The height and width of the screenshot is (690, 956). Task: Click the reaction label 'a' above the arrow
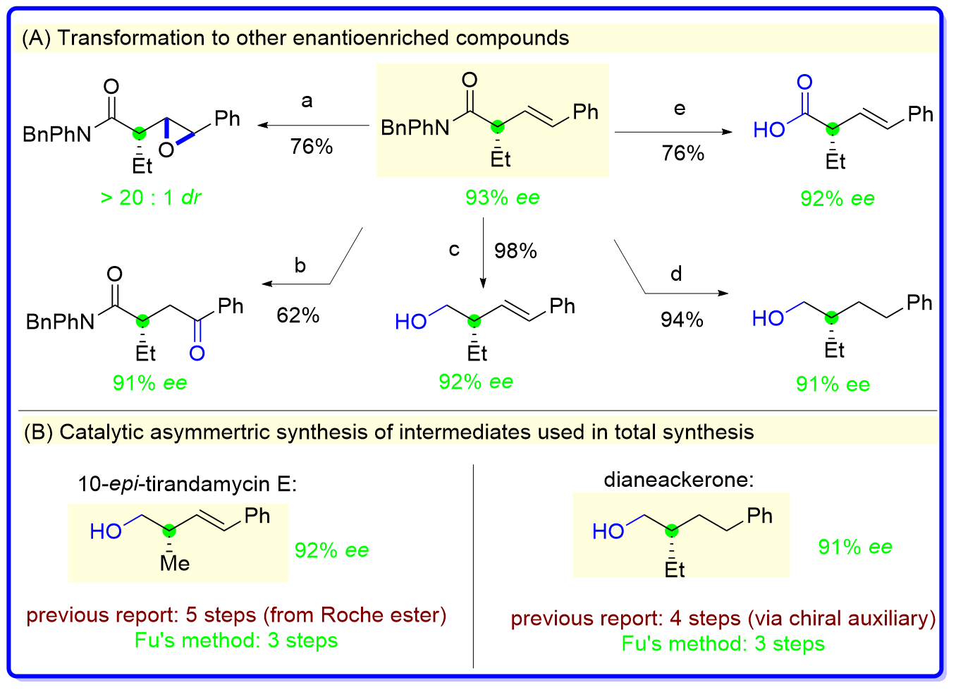307,102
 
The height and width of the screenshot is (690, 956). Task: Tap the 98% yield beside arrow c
515,250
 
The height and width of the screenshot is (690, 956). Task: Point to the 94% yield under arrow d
682,320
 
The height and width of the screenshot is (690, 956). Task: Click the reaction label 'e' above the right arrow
680,109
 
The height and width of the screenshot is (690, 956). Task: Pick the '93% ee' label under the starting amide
502,198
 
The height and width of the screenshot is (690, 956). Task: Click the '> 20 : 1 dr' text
151,198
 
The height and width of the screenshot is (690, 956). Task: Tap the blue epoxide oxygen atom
166,150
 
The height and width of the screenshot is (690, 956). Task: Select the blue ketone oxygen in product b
197,352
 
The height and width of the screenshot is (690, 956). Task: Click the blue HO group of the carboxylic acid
769,130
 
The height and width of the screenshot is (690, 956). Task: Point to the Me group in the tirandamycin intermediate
175,563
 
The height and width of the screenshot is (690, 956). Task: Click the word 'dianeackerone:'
678,480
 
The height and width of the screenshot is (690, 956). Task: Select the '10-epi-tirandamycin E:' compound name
188,484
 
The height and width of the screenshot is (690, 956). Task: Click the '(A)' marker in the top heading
36,37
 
